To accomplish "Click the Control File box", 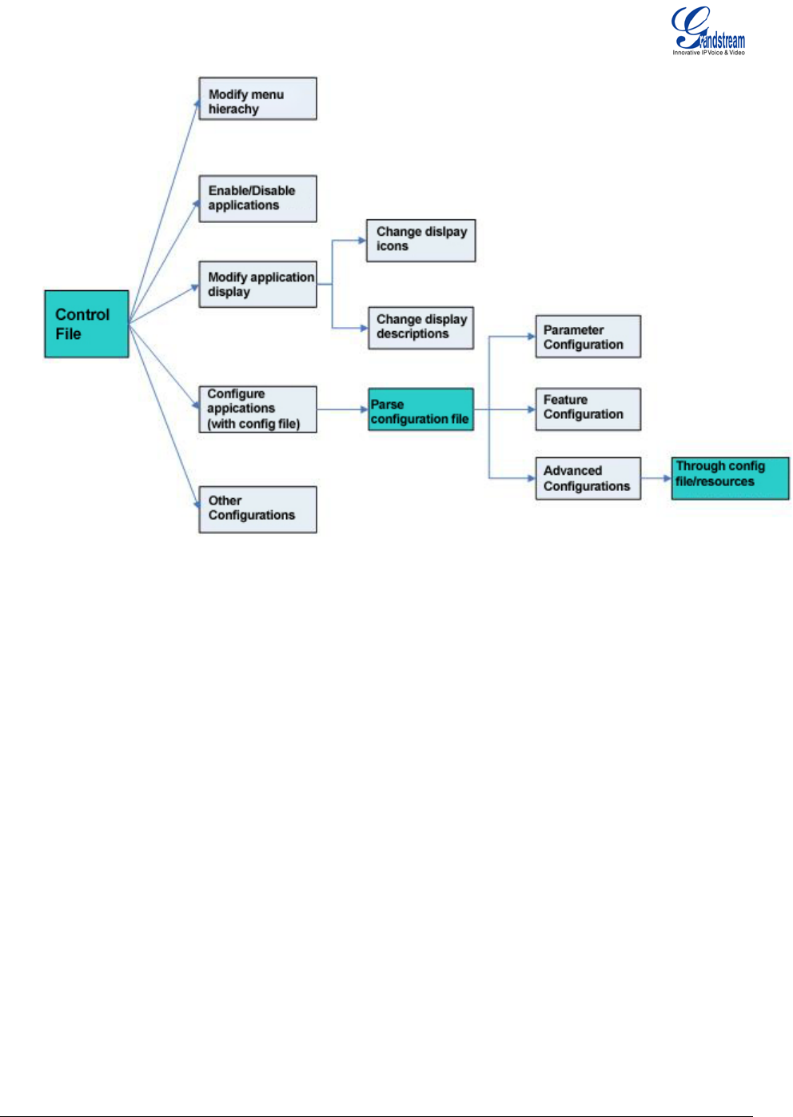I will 86,324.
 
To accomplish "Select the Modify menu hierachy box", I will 257,99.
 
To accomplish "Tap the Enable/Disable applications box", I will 257,198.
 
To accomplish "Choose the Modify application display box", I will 257,285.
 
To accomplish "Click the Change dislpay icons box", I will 421,240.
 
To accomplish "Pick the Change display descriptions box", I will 421,328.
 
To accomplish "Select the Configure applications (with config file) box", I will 257,409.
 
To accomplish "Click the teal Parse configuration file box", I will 421,409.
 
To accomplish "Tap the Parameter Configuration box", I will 588,337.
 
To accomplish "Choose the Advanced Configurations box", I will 588,478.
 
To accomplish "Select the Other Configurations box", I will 257,509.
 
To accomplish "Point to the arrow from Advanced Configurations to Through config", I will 656,478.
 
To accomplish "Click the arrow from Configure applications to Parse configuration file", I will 342,409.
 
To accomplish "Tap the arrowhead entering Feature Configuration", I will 532,409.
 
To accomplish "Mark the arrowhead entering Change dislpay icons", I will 362,240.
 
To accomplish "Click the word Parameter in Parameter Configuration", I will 573,330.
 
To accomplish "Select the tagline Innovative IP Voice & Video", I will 709,53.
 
